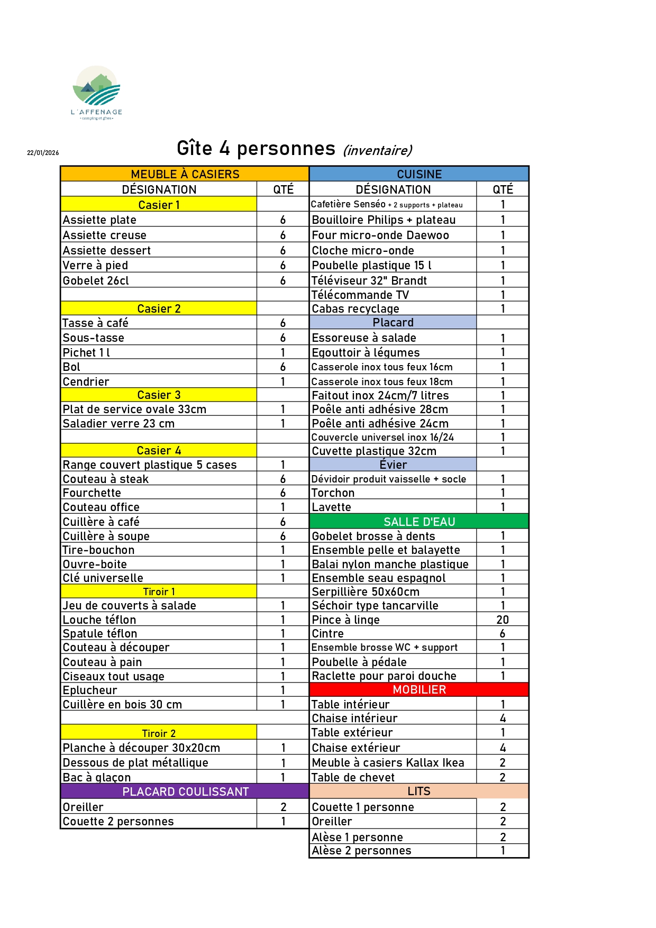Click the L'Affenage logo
[96, 93]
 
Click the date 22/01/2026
[43, 153]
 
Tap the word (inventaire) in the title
[377, 151]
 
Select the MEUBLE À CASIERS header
[185, 174]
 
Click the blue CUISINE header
[419, 174]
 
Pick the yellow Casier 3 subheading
[159, 395]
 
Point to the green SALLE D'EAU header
[419, 522]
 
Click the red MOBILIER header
[419, 689]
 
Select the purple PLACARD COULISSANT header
[185, 791]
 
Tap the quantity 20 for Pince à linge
[503, 620]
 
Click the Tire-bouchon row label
[99, 550]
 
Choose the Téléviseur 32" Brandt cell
[369, 280]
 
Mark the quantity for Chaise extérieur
[503, 748]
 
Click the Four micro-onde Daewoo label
[380, 235]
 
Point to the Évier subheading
[393, 465]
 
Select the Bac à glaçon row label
[97, 777]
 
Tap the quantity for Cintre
[503, 633]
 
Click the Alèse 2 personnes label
[361, 851]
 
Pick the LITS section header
[418, 791]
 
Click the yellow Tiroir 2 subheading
[159, 733]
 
